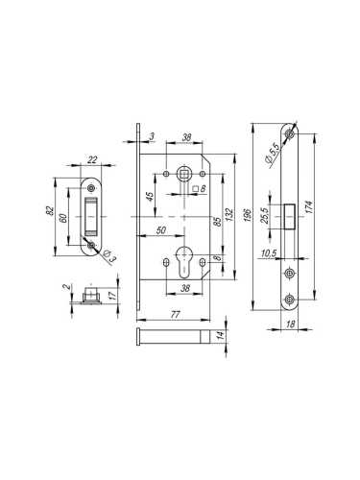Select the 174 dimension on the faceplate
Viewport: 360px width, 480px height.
321,210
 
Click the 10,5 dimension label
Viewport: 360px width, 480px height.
271,254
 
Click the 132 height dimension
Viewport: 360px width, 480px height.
230,212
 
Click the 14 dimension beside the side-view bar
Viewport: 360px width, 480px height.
223,335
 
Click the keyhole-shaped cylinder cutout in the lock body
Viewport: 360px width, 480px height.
183,262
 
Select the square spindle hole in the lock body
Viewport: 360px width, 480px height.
181,174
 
